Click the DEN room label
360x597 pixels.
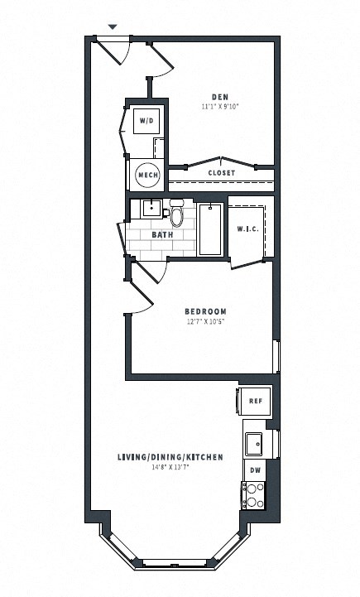(219, 96)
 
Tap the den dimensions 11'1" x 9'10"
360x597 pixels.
(219, 107)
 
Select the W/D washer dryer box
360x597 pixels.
(146, 121)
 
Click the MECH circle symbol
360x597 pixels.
(147, 175)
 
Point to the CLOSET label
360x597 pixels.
(221, 173)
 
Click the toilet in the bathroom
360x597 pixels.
(176, 214)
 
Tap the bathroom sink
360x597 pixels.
(151, 207)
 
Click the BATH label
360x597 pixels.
(162, 235)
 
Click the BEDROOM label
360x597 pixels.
(204, 311)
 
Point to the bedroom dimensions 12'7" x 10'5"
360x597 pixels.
(204, 322)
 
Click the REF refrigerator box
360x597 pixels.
(256, 401)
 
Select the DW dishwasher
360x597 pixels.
(256, 469)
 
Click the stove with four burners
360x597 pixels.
(253, 495)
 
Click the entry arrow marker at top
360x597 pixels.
(113, 27)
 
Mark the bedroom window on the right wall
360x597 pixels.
(277, 354)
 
